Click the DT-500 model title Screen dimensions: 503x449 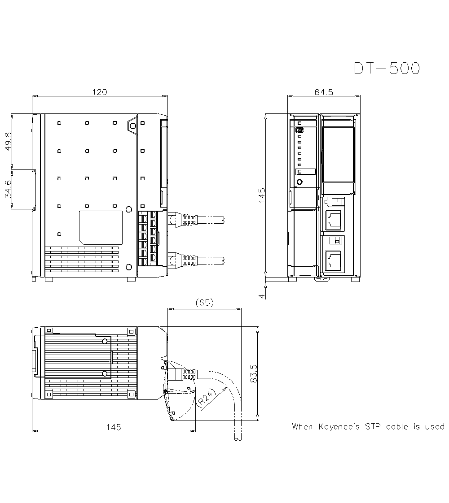(x=387, y=68)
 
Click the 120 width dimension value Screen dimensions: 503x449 (x=100, y=92)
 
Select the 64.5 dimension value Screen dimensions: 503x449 (x=324, y=92)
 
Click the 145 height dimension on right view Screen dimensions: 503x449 (x=262, y=195)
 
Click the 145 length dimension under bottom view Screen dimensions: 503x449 (x=113, y=427)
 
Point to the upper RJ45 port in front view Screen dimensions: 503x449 (x=333, y=219)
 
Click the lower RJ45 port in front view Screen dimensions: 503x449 (x=333, y=260)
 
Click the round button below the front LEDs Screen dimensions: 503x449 (x=299, y=182)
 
